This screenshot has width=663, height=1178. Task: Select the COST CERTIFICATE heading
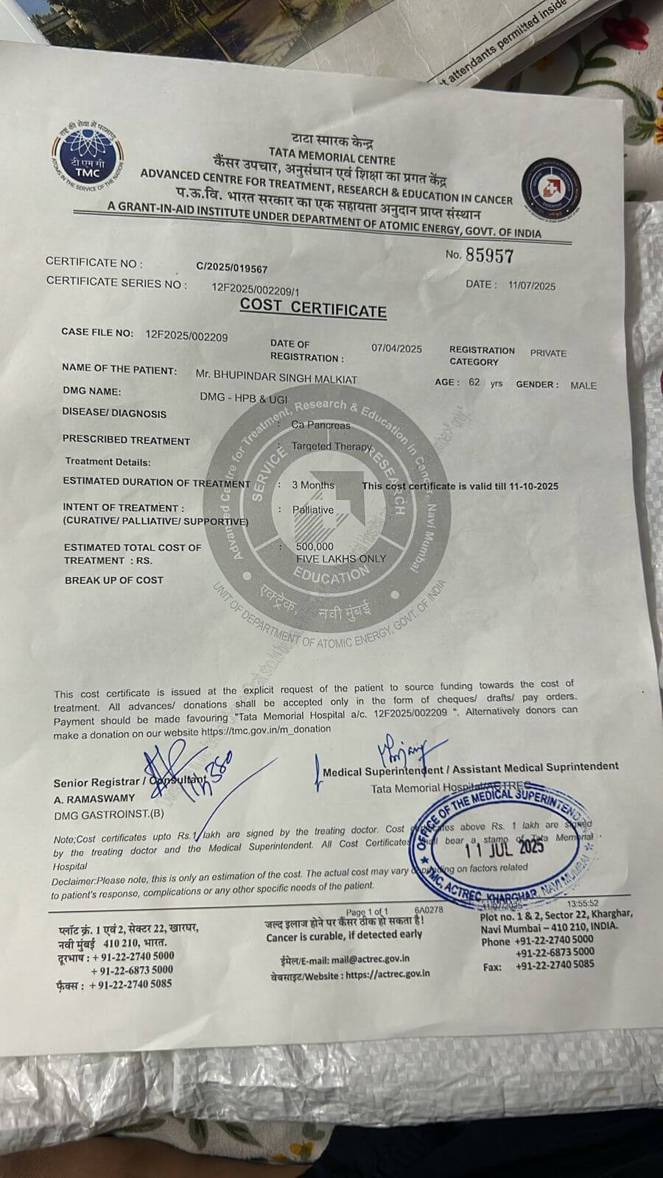click(313, 308)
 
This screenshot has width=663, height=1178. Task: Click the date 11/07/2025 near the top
click(532, 286)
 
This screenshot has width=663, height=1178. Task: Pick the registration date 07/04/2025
click(396, 348)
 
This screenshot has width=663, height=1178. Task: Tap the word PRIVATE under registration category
click(548, 353)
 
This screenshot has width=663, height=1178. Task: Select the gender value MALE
click(583, 385)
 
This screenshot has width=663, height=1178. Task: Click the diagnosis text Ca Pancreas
click(320, 425)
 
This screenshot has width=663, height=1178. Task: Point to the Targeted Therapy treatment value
click(331, 446)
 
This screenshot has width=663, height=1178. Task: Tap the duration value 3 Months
click(313, 485)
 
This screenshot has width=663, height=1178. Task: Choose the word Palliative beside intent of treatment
click(313, 509)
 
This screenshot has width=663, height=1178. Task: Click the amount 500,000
click(315, 546)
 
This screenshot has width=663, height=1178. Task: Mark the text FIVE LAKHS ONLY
click(341, 558)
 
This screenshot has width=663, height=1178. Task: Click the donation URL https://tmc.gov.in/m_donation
click(266, 730)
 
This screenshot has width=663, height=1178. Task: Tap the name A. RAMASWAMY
click(94, 798)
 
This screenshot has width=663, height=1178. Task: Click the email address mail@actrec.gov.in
click(371, 959)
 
